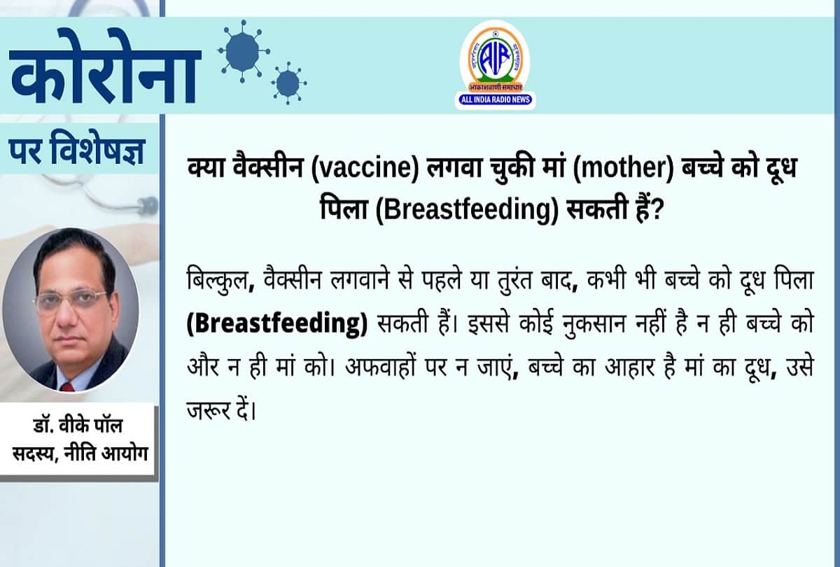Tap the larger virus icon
242,50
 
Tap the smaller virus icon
288,83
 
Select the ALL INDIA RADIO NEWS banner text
495,100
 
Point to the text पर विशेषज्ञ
77,148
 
